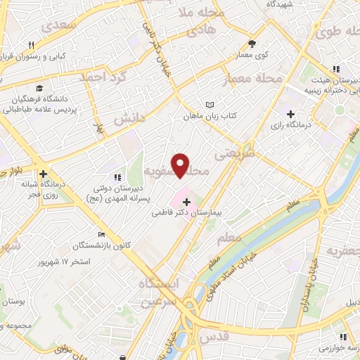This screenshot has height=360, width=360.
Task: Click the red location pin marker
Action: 181,165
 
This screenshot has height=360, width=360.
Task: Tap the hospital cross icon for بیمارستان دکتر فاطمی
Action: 186,202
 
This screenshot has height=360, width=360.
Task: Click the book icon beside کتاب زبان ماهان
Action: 209,105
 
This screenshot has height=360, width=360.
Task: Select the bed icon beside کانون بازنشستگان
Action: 102,235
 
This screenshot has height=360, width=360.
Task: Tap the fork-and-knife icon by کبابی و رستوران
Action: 31,45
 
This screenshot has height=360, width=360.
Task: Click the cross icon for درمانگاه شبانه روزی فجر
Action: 44,174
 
